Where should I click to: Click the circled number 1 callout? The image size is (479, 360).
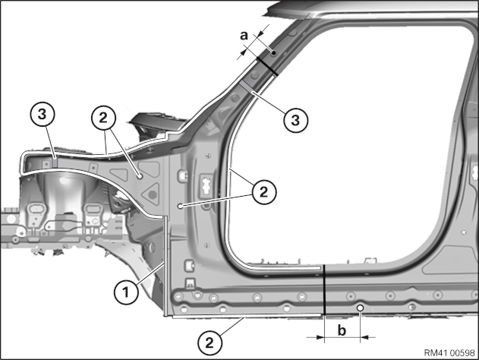click(x=126, y=292)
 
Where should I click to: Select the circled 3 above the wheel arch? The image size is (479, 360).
click(x=43, y=115)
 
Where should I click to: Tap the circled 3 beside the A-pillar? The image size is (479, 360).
click(x=295, y=120)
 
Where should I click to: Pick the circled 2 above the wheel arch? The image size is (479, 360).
click(x=103, y=118)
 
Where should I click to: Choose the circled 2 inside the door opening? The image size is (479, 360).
click(x=263, y=192)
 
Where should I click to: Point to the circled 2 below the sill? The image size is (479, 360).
click(x=210, y=343)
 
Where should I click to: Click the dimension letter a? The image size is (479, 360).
click(x=244, y=36)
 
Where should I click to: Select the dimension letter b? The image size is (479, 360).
click(x=342, y=330)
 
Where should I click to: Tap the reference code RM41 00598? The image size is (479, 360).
click(x=449, y=352)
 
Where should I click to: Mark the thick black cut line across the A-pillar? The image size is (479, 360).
click(x=267, y=66)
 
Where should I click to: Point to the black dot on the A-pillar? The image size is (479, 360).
click(x=274, y=53)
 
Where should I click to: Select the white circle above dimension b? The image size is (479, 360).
click(x=361, y=308)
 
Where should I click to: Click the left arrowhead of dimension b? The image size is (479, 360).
click(x=320, y=337)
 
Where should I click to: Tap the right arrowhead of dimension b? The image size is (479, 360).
click(x=365, y=337)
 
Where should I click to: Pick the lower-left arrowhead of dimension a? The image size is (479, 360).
click(x=243, y=53)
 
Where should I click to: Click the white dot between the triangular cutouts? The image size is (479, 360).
click(x=140, y=176)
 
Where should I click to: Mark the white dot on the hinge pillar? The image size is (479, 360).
click(x=180, y=207)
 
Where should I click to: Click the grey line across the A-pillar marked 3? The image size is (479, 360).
click(x=247, y=87)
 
